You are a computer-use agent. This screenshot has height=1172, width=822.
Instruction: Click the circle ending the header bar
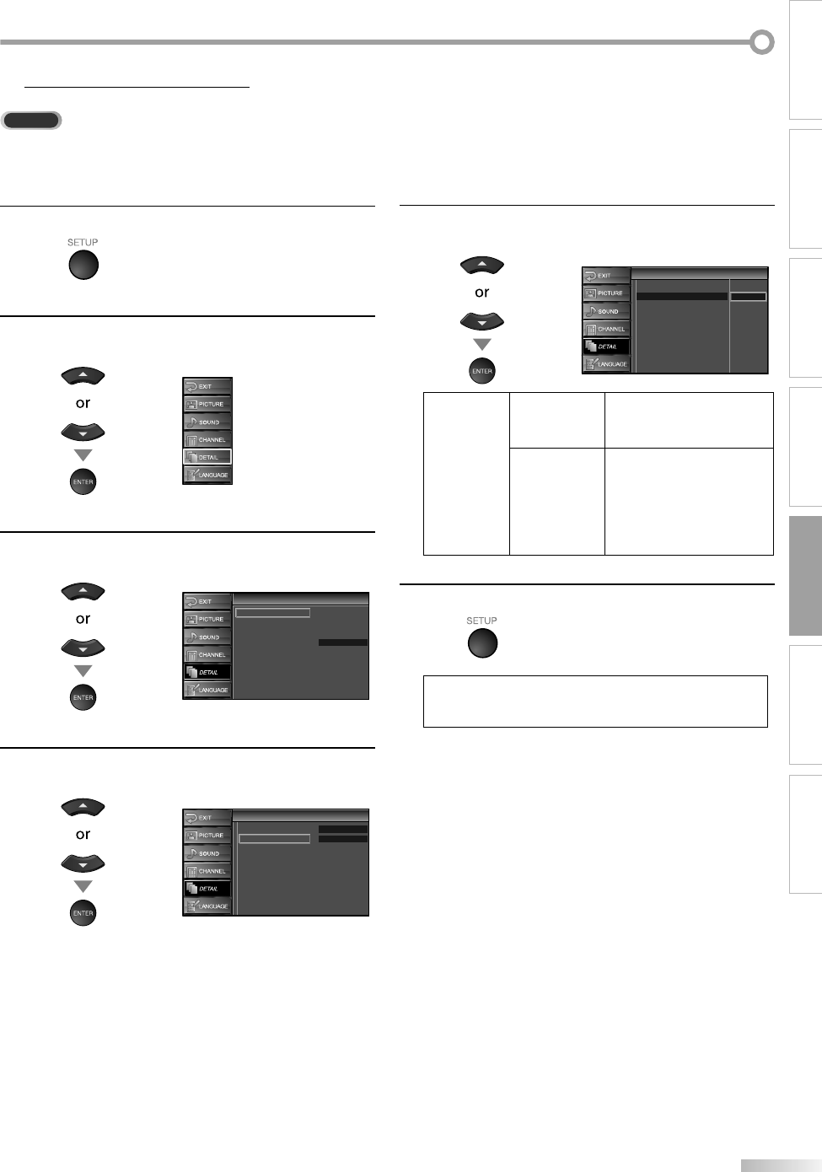[x=762, y=42]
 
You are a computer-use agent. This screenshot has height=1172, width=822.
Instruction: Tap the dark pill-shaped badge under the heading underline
[x=31, y=121]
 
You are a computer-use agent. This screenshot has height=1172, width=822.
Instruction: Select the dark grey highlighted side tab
[x=806, y=576]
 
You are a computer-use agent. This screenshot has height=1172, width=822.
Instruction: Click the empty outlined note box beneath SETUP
[x=595, y=701]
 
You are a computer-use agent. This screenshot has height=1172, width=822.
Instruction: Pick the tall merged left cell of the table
[x=466, y=473]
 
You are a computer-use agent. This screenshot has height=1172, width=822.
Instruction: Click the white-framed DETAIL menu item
[x=207, y=457]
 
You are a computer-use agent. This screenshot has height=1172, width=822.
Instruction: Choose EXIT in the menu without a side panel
[x=207, y=386]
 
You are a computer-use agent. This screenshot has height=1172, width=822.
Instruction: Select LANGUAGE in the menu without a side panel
[x=207, y=475]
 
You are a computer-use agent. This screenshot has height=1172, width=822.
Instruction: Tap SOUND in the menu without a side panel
[x=207, y=422]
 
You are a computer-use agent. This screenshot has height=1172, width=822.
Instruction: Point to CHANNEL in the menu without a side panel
[x=207, y=439]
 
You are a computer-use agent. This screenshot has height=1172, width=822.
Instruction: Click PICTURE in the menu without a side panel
[x=207, y=404]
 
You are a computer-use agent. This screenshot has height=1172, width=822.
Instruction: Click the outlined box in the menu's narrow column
[x=749, y=297]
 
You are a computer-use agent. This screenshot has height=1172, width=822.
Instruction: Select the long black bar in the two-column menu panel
[x=681, y=297]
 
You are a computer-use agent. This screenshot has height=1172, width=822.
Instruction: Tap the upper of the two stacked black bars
[x=343, y=830]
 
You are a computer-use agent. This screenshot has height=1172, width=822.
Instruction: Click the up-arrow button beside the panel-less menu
[x=83, y=376]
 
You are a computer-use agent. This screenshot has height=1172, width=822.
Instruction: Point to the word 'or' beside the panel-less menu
[x=83, y=403]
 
